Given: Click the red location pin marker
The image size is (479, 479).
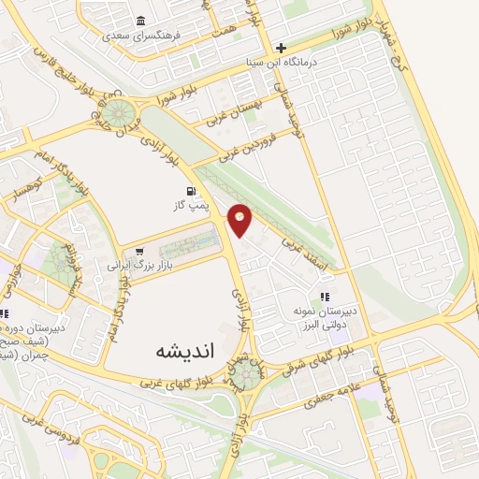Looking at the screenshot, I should [241, 220].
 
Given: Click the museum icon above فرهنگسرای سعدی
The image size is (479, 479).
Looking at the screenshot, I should [140, 22].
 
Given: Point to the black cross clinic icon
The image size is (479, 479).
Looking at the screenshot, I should [279, 48].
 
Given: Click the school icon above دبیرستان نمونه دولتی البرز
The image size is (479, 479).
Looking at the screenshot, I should [325, 296].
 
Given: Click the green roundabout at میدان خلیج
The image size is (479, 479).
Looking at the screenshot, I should [119, 113].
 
